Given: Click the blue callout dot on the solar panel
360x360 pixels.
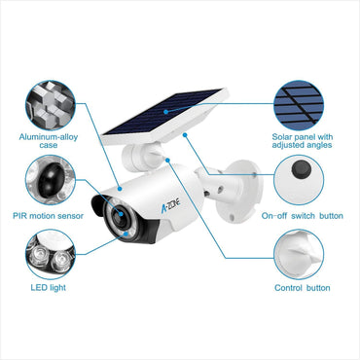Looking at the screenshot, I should point(165,111).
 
